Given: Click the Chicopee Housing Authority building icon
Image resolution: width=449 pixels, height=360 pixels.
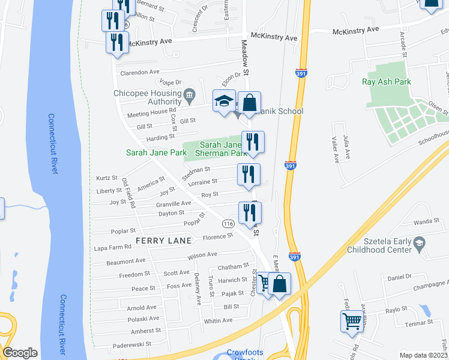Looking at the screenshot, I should [189, 94].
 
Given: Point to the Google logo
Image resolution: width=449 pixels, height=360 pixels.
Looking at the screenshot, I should [20, 353].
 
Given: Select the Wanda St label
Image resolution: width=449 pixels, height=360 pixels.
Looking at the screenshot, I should [427, 221].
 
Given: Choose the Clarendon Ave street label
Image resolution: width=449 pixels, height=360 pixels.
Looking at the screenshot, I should [140, 72].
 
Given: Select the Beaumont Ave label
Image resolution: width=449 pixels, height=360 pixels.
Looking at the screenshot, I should [126, 261].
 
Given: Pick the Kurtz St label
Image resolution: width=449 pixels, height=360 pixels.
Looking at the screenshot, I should [107, 178].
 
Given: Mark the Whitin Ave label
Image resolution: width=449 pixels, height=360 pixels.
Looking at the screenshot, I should [218, 320].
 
